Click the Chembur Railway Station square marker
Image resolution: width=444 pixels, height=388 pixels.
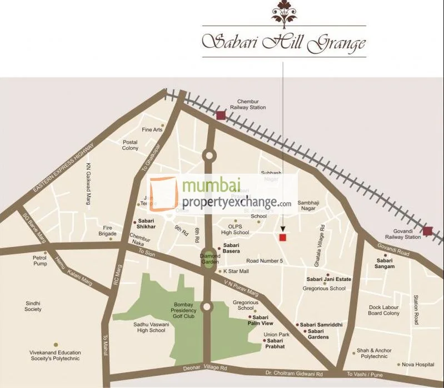point(221,115)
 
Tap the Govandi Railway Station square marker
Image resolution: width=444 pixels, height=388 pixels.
point(427,231)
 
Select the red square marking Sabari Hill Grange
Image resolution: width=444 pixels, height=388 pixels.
point(282,238)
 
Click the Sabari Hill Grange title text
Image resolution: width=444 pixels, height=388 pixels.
point(283,42)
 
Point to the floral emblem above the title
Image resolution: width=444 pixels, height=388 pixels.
point(283,14)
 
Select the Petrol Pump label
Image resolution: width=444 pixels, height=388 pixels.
point(40,261)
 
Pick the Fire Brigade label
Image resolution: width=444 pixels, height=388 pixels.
point(107,231)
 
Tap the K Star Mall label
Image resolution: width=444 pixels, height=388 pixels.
point(236,271)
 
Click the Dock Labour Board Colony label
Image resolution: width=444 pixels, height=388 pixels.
point(383,310)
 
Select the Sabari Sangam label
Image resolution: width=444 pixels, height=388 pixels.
point(385,264)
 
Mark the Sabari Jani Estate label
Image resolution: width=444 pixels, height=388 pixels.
point(329,279)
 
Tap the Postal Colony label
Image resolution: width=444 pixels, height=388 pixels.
point(130,145)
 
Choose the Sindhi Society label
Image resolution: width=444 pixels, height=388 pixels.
point(33,306)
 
